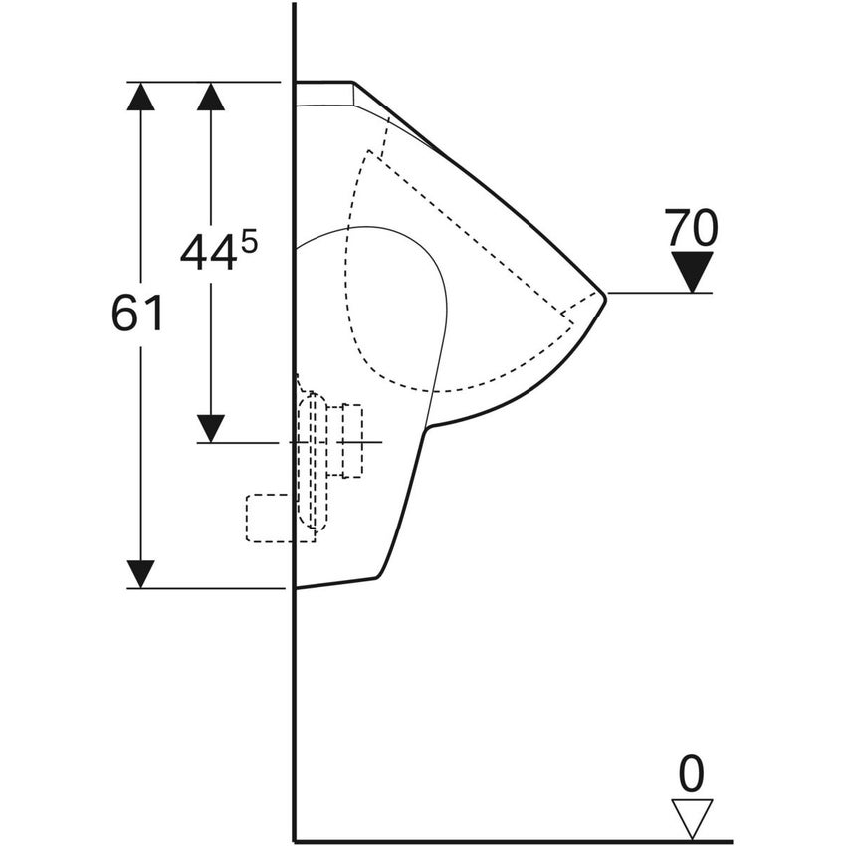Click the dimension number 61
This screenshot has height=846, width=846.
click(137, 314)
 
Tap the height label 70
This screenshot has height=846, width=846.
click(691, 228)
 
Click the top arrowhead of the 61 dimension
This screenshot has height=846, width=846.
click(140, 97)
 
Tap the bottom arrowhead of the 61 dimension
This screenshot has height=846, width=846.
click(140, 574)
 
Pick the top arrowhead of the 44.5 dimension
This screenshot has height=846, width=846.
click(210, 97)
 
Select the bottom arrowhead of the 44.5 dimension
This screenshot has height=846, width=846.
click(210, 428)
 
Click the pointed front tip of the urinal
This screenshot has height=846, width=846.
click(606, 296)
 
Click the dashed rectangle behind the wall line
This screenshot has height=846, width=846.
click(281, 518)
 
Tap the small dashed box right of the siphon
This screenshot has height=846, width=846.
click(351, 440)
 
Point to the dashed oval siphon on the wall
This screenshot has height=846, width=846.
click(313, 462)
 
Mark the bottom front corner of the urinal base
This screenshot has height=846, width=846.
click(377, 577)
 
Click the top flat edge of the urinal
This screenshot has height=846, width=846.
click(323, 82)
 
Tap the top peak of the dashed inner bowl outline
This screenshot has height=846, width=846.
click(369, 151)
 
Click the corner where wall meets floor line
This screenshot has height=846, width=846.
click(295, 841)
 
